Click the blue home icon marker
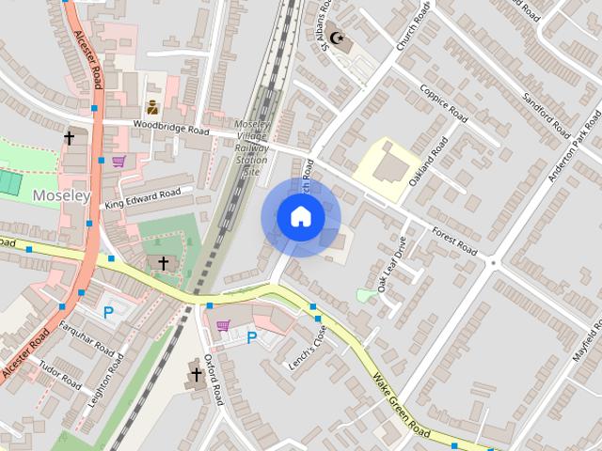point(300,217)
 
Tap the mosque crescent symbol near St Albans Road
point(337,39)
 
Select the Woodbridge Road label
point(170,128)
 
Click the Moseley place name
point(60,195)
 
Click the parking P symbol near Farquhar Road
point(107,312)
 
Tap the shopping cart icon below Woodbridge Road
point(119,161)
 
